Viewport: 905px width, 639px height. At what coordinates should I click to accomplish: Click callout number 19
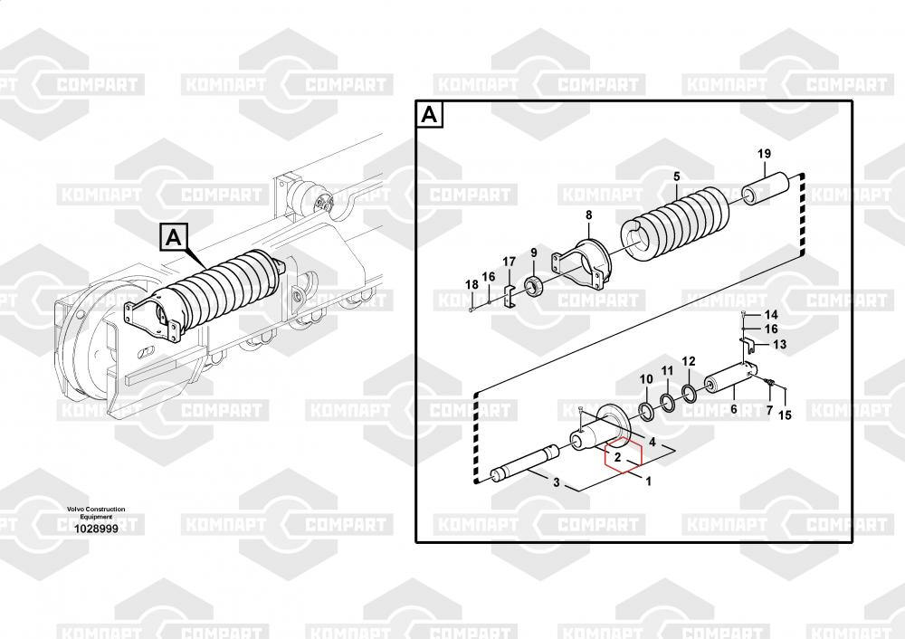click(764, 154)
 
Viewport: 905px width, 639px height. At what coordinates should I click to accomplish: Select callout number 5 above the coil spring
click(676, 176)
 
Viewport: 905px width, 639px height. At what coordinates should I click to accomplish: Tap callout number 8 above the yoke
click(589, 215)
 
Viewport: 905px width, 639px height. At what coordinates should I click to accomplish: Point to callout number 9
click(534, 253)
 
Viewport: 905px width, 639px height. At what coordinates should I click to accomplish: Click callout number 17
click(509, 262)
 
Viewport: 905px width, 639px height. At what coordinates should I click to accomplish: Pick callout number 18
click(472, 284)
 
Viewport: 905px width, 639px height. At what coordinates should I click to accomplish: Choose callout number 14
click(771, 315)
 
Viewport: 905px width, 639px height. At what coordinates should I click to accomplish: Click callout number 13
click(779, 345)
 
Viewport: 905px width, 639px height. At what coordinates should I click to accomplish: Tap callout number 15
click(785, 415)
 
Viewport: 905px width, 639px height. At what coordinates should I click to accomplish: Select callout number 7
click(769, 410)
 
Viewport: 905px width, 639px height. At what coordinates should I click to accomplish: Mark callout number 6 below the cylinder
click(734, 409)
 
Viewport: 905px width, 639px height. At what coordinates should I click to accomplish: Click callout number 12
click(689, 362)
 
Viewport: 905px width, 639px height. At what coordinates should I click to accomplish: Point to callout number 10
click(646, 379)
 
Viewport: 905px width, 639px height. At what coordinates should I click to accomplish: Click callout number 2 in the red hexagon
click(617, 458)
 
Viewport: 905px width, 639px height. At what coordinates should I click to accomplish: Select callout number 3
click(557, 482)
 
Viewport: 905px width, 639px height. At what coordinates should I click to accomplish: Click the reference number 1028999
click(96, 529)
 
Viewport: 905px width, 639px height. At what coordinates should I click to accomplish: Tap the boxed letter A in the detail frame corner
click(429, 115)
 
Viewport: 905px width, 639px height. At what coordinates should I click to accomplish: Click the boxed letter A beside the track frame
click(173, 236)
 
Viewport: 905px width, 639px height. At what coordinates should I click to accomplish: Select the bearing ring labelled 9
click(535, 286)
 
